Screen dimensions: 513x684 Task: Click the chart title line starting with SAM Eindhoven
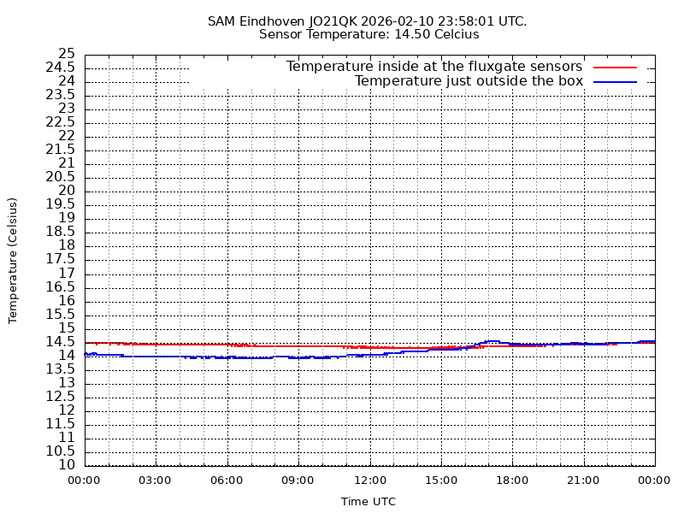pyautogui.click(x=368, y=21)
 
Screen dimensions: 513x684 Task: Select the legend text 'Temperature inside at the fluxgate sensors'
pyautogui.click(x=433, y=67)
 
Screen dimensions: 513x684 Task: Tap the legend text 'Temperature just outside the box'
pyautogui.click(x=469, y=81)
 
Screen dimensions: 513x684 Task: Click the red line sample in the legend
pyautogui.click(x=616, y=67)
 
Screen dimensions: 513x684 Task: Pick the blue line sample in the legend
pyautogui.click(x=616, y=81)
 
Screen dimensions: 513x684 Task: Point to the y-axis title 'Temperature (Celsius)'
pyautogui.click(x=13, y=260)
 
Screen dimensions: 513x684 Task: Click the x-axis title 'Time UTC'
pyautogui.click(x=368, y=501)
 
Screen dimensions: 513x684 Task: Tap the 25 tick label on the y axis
pyautogui.click(x=67, y=54)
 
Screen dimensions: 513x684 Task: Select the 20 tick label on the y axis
pyautogui.click(x=67, y=191)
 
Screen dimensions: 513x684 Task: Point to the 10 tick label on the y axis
pyautogui.click(x=67, y=465)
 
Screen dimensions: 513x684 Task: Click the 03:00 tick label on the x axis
pyautogui.click(x=156, y=481)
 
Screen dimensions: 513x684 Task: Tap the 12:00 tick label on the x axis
pyautogui.click(x=369, y=481)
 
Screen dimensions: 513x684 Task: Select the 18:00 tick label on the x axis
pyautogui.click(x=512, y=481)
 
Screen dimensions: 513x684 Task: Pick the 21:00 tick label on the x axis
pyautogui.click(x=583, y=481)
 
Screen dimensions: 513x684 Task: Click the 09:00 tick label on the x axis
pyautogui.click(x=298, y=481)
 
